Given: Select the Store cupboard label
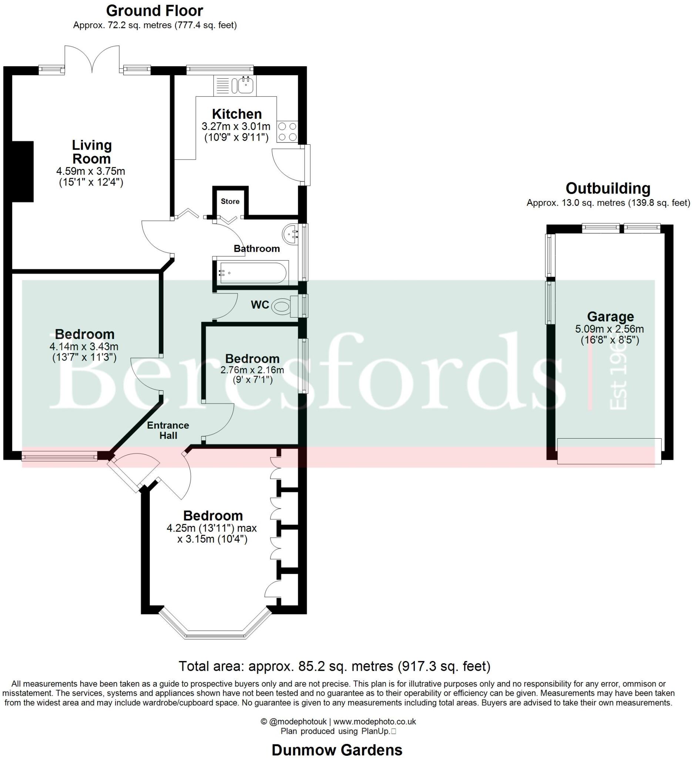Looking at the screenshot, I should click(x=230, y=202).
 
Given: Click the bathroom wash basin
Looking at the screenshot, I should click(x=290, y=234).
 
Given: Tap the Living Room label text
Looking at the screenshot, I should click(x=91, y=152).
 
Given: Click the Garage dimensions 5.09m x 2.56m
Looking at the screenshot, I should click(x=609, y=329).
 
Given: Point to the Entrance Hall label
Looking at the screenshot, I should click(x=168, y=430).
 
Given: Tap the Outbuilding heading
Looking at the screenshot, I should click(x=608, y=188).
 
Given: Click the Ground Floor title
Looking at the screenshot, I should click(x=154, y=11).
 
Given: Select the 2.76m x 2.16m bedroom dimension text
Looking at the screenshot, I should click(x=252, y=370).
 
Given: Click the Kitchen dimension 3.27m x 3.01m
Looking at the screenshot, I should click(x=236, y=126).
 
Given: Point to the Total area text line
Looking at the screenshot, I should click(x=334, y=666).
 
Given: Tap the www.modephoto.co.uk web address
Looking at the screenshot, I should click(x=374, y=721).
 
